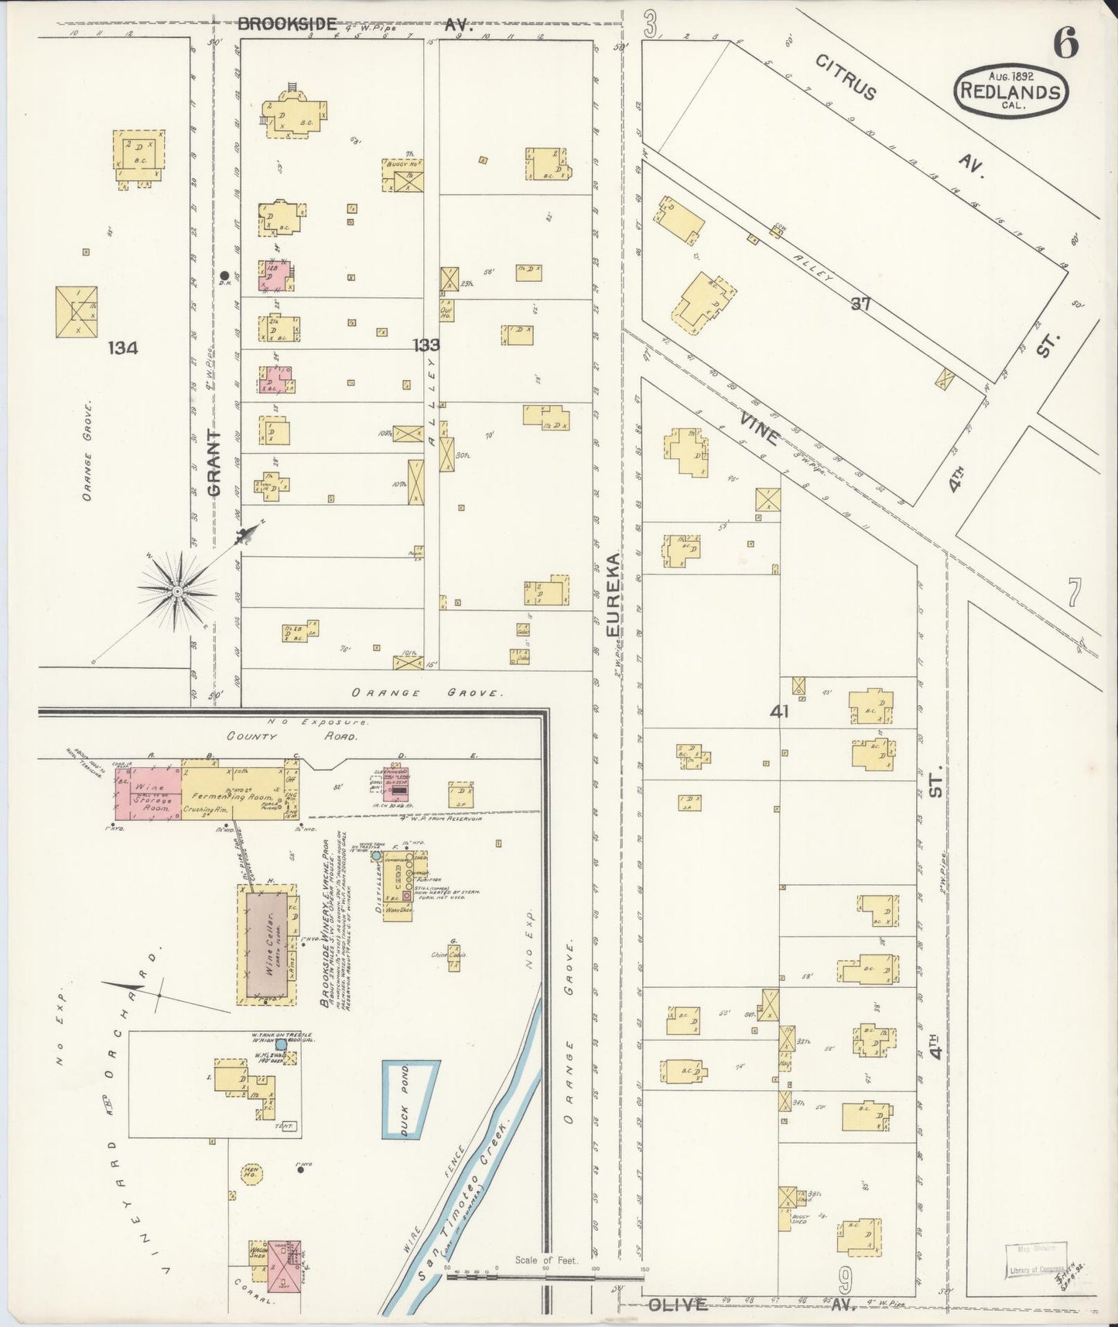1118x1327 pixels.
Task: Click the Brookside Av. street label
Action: [x=286, y=24]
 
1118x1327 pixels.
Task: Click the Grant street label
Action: [x=215, y=463]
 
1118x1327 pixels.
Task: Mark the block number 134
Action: [x=123, y=348]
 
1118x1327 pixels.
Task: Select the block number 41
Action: [x=779, y=711]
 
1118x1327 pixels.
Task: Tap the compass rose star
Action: [x=177, y=591]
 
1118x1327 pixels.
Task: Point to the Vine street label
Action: [x=759, y=429]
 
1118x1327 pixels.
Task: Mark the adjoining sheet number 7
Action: [x=1074, y=593]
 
